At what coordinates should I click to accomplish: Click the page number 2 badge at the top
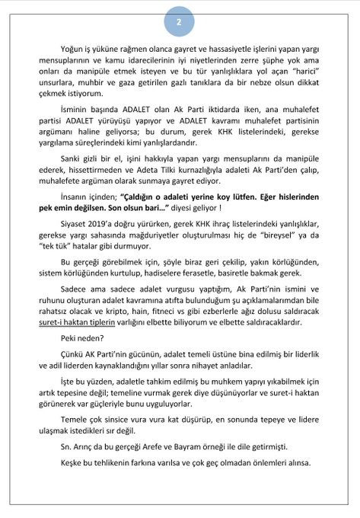point(180,22)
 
